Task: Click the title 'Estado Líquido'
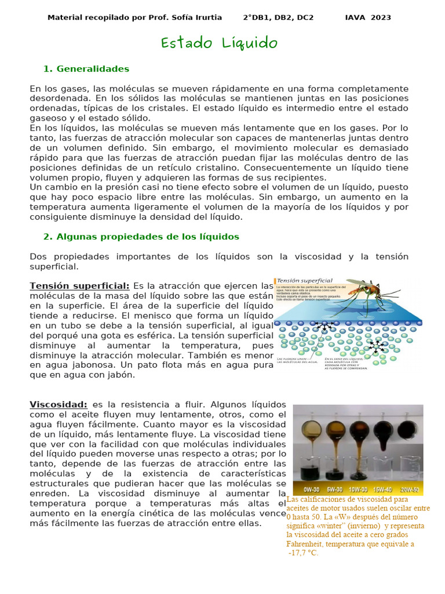coord(219,43)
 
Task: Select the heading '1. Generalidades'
coord(86,69)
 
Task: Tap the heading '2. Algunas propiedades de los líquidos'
coord(141,237)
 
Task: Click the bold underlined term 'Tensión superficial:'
coord(79,286)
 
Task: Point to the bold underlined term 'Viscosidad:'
coord(59,404)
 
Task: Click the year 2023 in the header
coord(381,17)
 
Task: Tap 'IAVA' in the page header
coord(355,17)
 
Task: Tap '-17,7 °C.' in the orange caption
coord(303,553)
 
